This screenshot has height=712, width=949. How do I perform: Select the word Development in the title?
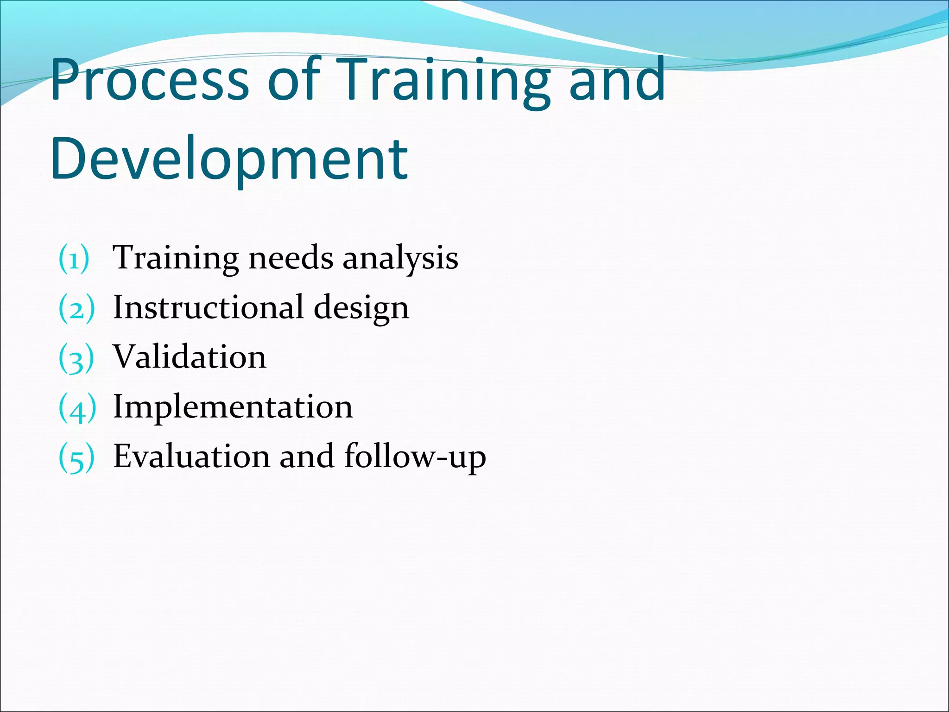click(x=229, y=159)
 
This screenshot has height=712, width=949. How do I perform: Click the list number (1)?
click(x=74, y=259)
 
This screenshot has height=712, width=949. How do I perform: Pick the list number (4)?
click(x=77, y=407)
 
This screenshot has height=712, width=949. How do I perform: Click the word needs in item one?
click(x=291, y=258)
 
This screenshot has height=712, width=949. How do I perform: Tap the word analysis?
click(x=400, y=259)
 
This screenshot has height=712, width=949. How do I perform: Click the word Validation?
click(x=190, y=357)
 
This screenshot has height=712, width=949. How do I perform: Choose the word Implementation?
click(x=233, y=407)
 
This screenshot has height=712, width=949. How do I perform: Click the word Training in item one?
click(x=176, y=259)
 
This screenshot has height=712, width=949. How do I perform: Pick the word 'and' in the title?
click(x=617, y=80)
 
